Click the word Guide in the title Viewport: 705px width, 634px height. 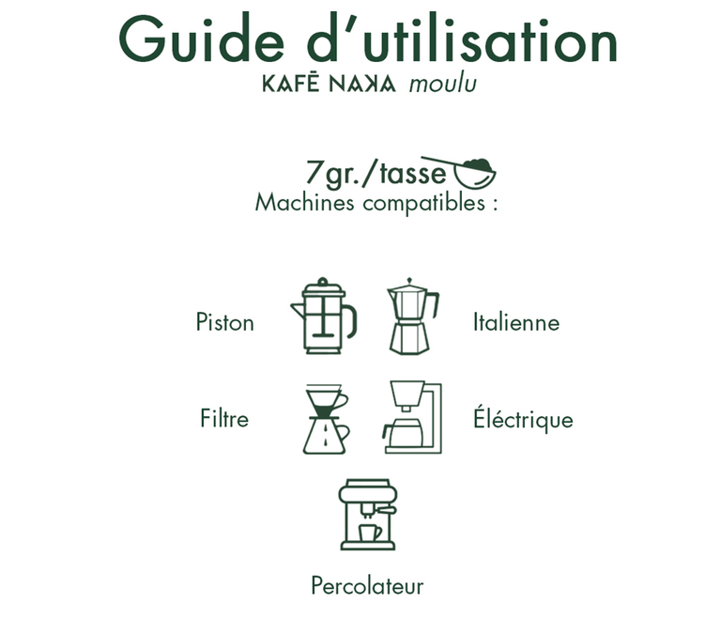point(202,39)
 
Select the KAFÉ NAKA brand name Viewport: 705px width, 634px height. point(330,84)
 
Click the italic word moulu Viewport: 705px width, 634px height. point(443,85)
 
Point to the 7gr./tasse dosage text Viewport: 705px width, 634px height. point(376,173)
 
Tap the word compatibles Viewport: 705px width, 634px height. point(424,203)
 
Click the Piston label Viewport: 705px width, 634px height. point(224,322)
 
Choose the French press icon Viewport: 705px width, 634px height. point(324,316)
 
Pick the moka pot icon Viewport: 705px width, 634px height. point(412,317)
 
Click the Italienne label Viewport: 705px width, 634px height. point(516,322)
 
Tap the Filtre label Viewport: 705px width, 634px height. point(224,419)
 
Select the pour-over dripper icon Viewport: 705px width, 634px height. point(326,419)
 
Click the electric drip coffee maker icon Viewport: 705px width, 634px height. point(413,417)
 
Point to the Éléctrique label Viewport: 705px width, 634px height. point(523,418)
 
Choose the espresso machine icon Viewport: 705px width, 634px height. point(368,515)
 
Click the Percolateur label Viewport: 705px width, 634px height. point(367,586)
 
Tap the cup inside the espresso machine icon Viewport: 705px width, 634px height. point(370,533)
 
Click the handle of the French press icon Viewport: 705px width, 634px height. point(353,319)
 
